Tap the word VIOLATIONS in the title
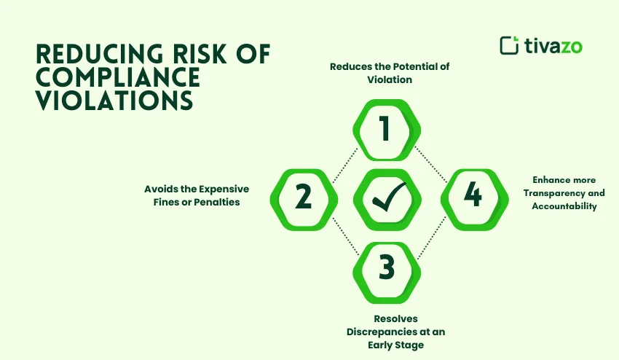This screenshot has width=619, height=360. [x=114, y=101]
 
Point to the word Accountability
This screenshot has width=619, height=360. [x=564, y=206]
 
